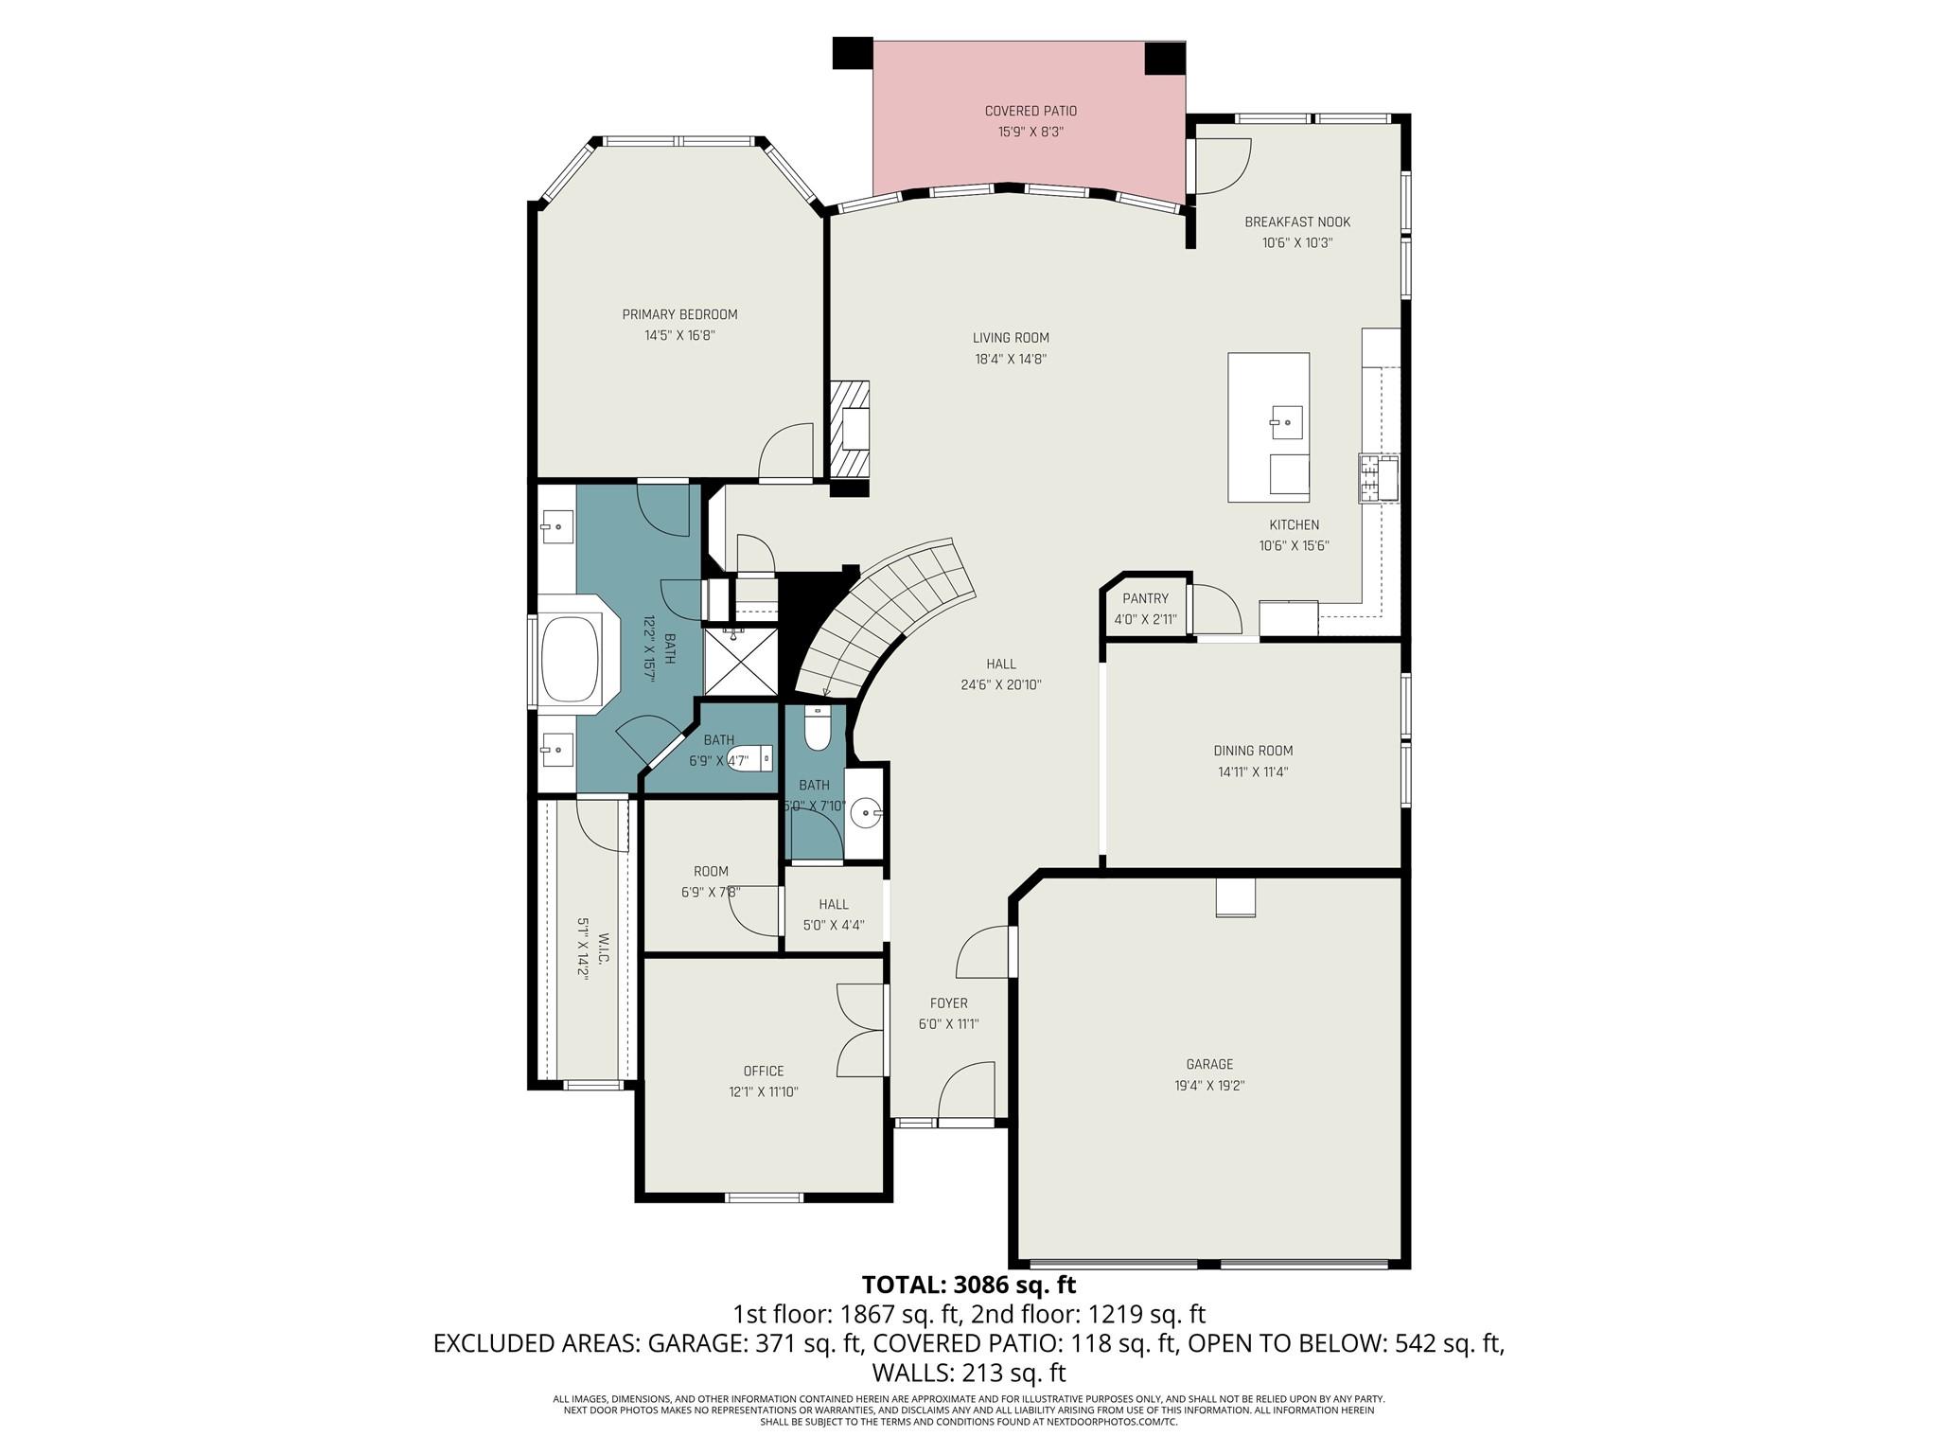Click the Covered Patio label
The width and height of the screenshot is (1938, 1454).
(1031, 111)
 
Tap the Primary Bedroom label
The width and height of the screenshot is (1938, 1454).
(679, 314)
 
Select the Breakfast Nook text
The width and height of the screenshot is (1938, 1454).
(1297, 222)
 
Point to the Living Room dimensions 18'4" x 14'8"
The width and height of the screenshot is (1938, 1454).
(1011, 359)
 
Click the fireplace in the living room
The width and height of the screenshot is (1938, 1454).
(850, 429)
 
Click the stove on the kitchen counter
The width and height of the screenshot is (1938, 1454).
(1379, 477)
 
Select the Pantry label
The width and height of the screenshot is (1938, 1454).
(1145, 598)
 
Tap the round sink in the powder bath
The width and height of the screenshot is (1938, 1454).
(863, 812)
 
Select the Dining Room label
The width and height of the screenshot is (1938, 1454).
(1253, 751)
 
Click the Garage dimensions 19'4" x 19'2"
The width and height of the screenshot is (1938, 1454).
(1209, 1086)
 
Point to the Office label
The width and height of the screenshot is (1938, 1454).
(764, 1071)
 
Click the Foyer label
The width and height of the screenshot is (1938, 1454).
(948, 1003)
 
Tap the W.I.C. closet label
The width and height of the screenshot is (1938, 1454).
(604, 948)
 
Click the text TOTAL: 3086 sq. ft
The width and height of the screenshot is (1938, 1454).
(969, 1285)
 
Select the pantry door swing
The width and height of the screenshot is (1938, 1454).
(1217, 610)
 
